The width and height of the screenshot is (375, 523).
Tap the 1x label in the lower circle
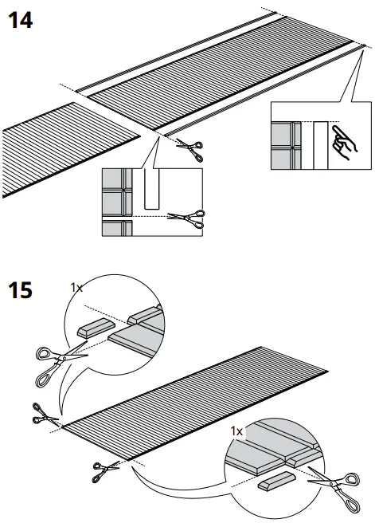coord(236,431)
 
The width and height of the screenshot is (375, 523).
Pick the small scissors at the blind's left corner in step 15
coord(45,414)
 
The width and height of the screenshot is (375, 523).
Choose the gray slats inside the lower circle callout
coord(271,450)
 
